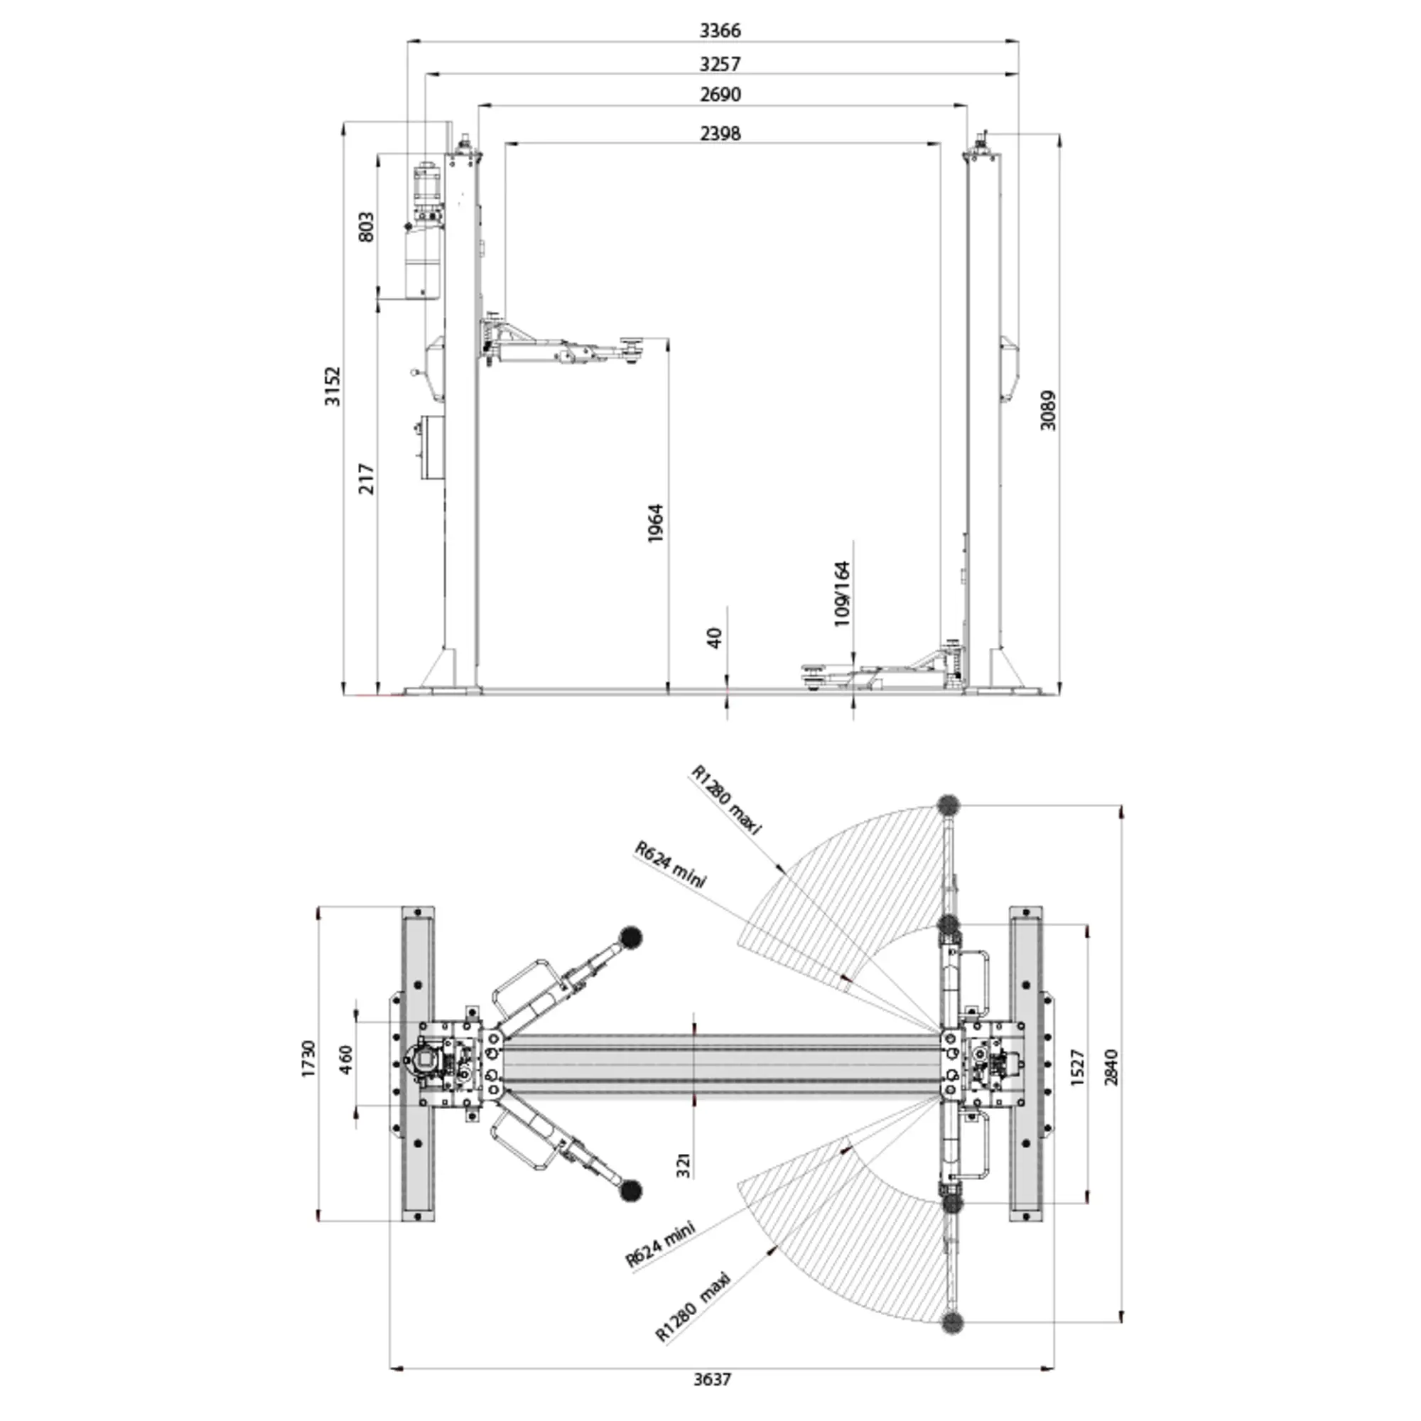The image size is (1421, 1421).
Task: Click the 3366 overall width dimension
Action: click(719, 30)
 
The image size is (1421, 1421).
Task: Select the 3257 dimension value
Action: click(719, 64)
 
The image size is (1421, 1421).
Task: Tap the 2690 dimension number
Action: click(719, 95)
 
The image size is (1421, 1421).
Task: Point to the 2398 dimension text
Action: click(719, 133)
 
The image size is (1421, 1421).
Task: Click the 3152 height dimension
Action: click(333, 385)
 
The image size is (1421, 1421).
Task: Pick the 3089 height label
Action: click(1048, 410)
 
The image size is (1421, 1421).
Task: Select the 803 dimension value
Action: click(365, 227)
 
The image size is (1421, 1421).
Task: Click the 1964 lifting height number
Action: click(655, 524)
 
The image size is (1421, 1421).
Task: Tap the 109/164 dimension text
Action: click(842, 593)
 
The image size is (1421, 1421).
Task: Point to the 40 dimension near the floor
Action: click(714, 638)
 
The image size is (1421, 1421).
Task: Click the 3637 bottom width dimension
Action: click(712, 1379)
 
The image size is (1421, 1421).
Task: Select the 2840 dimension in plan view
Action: click(1111, 1067)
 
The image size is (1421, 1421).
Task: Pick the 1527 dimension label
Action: click(1078, 1067)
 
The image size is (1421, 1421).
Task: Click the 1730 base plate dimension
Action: click(308, 1059)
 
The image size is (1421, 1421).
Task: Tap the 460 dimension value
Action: click(347, 1060)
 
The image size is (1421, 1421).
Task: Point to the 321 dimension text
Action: click(684, 1186)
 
